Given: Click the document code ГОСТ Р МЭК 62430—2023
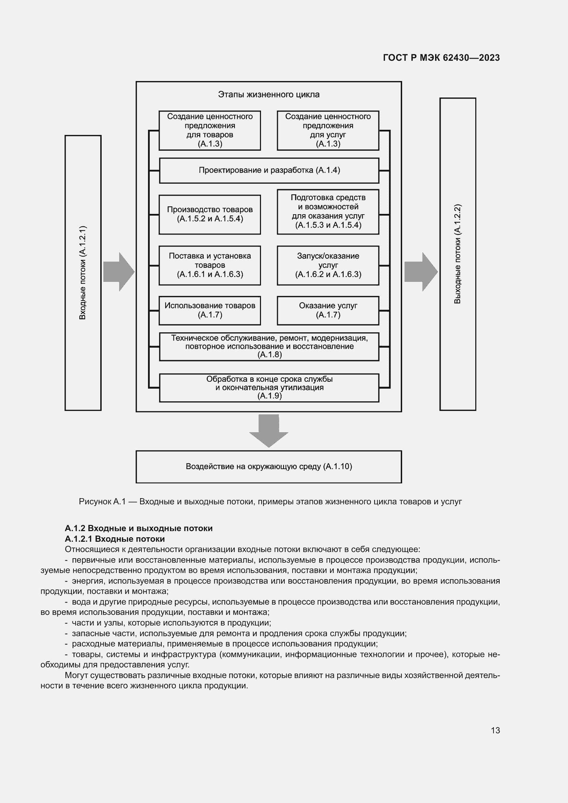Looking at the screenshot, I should (x=441, y=58).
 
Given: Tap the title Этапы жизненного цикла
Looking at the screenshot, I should (x=269, y=94).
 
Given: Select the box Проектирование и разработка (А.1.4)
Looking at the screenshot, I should (x=269, y=170).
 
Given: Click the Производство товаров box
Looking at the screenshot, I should (x=209, y=214).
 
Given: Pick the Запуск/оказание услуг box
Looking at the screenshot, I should (x=328, y=265).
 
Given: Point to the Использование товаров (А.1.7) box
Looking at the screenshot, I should (x=209, y=310).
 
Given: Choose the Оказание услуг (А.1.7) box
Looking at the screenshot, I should (x=328, y=310).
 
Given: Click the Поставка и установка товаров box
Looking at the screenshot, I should (x=209, y=265).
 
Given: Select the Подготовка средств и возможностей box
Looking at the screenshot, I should (x=328, y=211).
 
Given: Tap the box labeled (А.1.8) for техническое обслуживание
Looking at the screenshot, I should (x=269, y=346).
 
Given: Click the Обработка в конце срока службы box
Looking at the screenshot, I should (x=269, y=388).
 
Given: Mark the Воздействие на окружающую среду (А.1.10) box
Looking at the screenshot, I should (x=269, y=466).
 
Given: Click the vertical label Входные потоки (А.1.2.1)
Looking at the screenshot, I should (x=83, y=273).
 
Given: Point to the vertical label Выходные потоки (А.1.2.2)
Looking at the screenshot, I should (x=457, y=254).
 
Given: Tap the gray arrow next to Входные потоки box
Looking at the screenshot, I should (x=118, y=272).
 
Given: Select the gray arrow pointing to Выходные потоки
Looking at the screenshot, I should (x=421, y=272).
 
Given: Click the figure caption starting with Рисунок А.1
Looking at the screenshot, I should (x=270, y=502).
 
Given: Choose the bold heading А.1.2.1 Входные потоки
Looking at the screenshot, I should (x=115, y=539).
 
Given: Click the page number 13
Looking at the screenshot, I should (x=495, y=730).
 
